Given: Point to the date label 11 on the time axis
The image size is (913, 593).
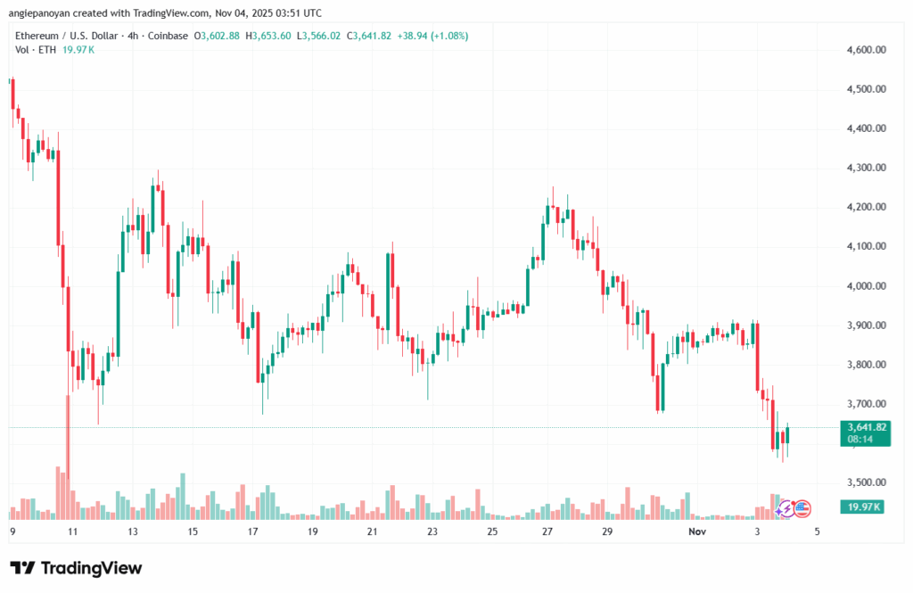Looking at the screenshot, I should pyautogui.click(x=72, y=531).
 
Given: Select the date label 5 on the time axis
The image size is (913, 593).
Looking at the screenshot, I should pyautogui.click(x=817, y=531).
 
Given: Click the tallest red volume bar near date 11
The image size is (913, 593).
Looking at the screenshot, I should pyautogui.click(x=68, y=455).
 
